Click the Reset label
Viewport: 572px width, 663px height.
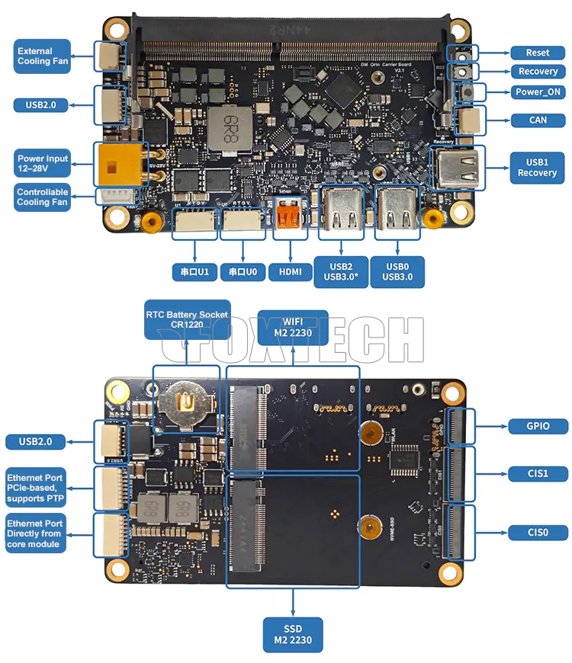pos(538,53)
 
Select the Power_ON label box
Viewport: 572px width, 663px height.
pos(538,92)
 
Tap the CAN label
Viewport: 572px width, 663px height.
pos(538,120)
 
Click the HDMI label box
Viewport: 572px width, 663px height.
pos(290,271)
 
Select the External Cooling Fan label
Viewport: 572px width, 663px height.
pos(43,56)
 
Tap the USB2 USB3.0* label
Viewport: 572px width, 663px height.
pos(340,271)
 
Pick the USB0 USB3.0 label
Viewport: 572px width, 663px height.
pos(397,271)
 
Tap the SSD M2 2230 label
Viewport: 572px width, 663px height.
pos(293,633)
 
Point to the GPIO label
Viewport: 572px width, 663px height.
pos(538,426)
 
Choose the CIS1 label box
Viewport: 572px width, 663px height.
pos(538,473)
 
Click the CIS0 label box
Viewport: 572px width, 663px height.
pos(538,532)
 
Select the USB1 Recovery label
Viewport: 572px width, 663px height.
pos(538,168)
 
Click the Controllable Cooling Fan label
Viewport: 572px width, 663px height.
pos(43,197)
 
